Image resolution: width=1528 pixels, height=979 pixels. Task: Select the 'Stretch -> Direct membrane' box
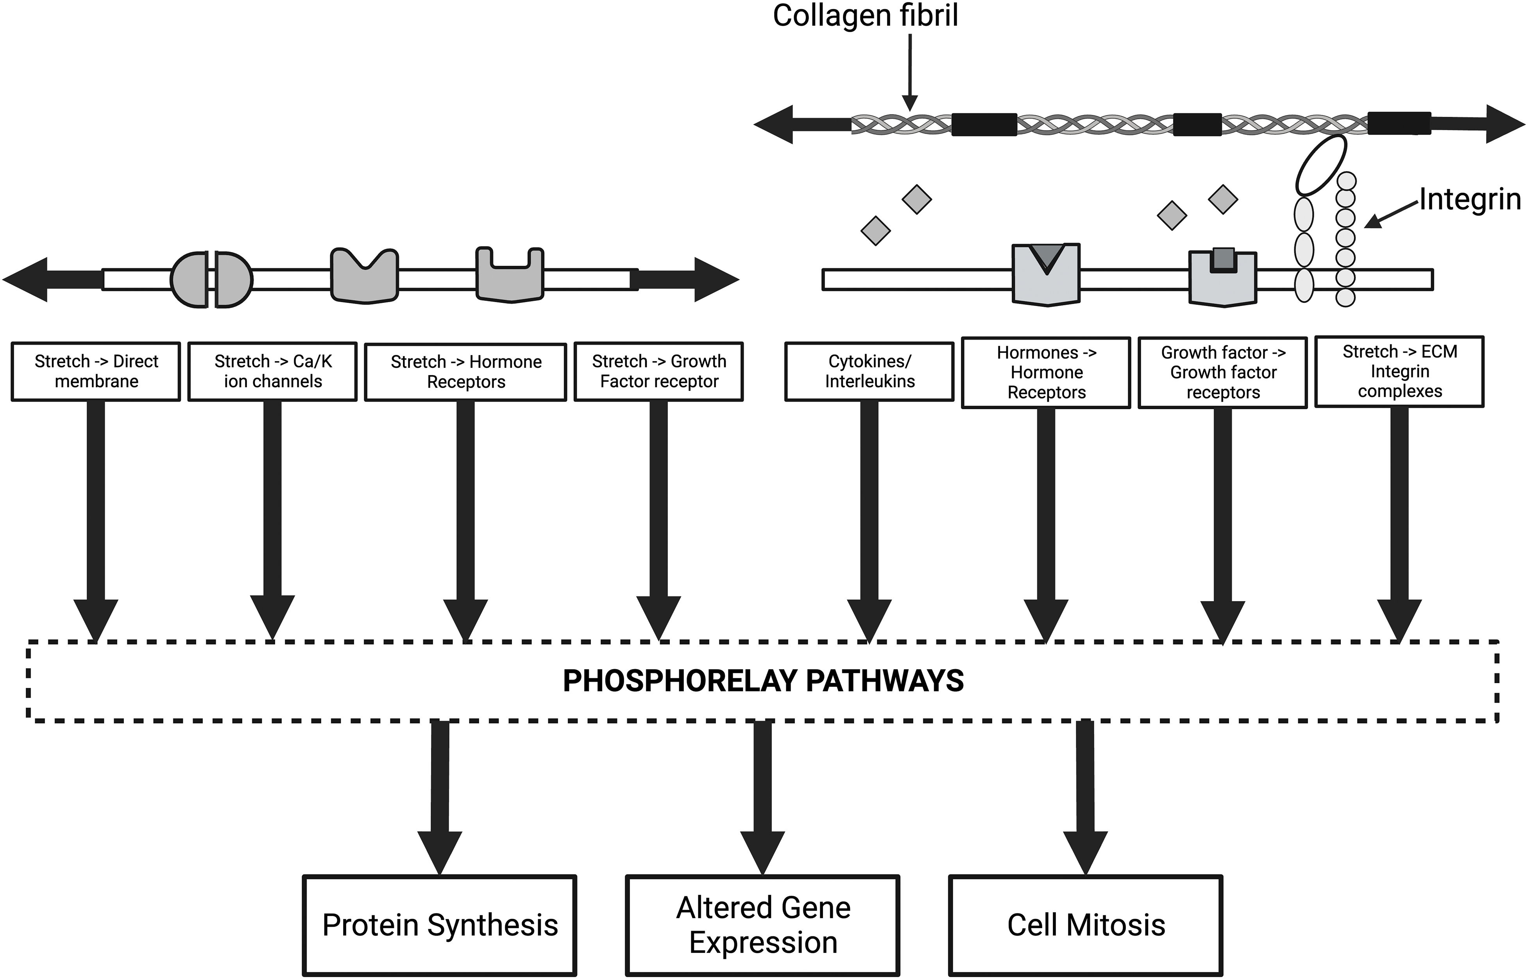click(x=96, y=371)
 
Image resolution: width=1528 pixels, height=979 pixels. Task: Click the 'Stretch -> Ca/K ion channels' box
click(x=273, y=371)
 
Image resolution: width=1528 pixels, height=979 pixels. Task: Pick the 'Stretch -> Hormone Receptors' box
click(x=465, y=372)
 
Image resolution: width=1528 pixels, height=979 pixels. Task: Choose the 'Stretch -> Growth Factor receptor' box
click(x=658, y=371)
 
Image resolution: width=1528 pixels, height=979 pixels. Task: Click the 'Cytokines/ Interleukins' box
click(x=870, y=371)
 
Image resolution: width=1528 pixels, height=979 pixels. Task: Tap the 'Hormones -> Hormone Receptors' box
click(x=1046, y=372)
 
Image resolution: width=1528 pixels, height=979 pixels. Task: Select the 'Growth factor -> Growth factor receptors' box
click(x=1223, y=372)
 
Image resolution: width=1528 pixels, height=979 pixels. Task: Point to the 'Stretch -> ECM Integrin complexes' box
click(x=1399, y=371)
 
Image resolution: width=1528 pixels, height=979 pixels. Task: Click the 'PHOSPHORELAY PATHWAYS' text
click(x=763, y=681)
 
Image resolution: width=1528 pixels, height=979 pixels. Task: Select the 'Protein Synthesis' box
click(x=440, y=925)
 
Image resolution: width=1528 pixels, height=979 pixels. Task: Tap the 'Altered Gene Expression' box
click(x=763, y=925)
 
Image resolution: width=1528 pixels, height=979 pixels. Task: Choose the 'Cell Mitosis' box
click(x=1086, y=925)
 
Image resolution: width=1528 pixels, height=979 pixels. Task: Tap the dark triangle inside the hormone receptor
click(x=1046, y=257)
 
